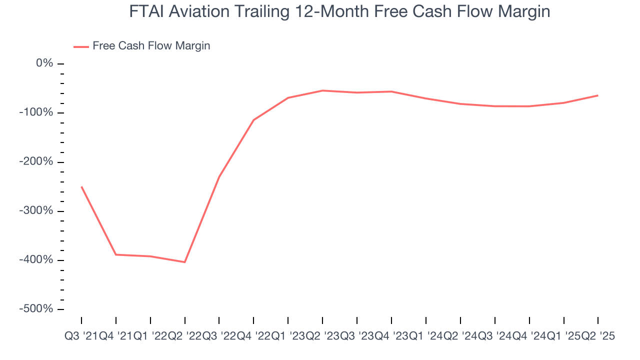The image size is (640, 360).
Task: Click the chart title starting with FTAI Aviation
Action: (x=339, y=11)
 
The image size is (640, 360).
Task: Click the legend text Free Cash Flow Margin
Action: (x=151, y=46)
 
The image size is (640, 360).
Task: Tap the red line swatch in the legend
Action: (x=81, y=46)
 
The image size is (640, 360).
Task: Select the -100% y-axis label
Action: (x=36, y=112)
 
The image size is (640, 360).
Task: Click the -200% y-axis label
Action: (x=36, y=162)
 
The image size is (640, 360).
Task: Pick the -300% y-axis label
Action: (x=36, y=211)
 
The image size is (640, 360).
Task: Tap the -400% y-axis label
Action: (x=36, y=260)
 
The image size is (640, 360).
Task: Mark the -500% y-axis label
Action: (x=36, y=309)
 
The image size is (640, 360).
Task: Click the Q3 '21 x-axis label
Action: (x=81, y=336)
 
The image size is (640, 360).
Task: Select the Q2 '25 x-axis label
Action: (x=598, y=336)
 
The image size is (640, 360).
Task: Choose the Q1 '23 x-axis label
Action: (x=288, y=336)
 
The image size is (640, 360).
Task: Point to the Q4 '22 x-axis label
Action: (x=253, y=336)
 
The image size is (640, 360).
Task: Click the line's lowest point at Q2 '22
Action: (x=185, y=262)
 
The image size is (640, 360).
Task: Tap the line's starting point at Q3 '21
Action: (x=81, y=186)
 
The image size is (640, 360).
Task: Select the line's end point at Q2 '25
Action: (x=598, y=95)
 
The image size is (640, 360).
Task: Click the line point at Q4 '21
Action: (x=116, y=254)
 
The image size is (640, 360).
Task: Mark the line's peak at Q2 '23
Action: (x=322, y=90)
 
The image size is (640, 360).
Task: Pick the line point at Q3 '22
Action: (x=219, y=176)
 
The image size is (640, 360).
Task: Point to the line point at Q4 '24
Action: (x=529, y=106)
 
